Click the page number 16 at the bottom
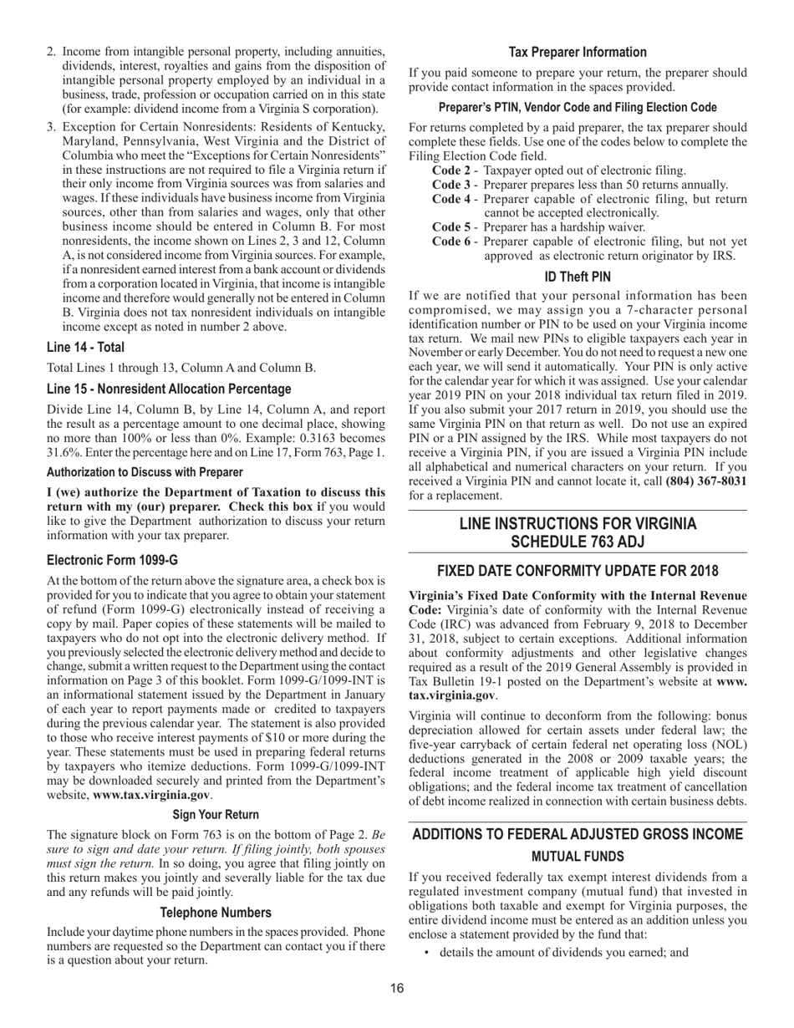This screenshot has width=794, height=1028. point(397,989)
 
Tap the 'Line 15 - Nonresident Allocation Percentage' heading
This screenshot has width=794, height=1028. point(169,389)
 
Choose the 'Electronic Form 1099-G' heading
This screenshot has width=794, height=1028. point(112,560)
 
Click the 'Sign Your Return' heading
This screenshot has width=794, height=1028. point(216,814)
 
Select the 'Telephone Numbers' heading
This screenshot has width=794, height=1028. point(216,913)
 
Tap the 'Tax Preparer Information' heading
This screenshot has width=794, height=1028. point(578,52)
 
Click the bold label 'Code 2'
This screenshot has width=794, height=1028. point(451,170)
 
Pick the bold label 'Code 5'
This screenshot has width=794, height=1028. point(451,226)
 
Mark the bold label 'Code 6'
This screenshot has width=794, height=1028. point(451,242)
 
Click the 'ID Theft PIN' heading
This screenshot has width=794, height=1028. point(578,276)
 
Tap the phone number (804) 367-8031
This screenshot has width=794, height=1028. point(706,481)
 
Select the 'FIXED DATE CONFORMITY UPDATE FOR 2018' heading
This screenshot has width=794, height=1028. point(578,572)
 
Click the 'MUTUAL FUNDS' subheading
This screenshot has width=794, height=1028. point(578,857)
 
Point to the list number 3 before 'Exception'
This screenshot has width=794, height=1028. point(52,127)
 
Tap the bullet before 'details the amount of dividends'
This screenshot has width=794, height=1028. point(427,952)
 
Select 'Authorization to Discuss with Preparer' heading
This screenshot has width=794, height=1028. point(145,472)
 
